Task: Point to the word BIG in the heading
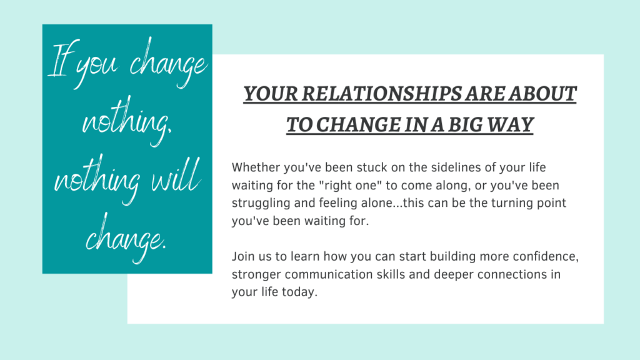467,124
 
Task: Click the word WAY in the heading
512,124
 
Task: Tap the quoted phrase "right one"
350,185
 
